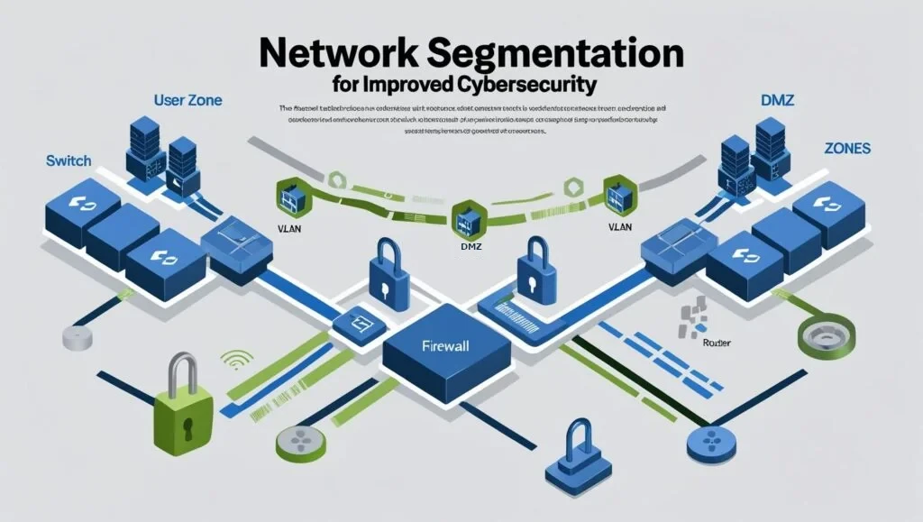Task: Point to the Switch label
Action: (68, 160)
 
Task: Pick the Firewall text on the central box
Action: (447, 345)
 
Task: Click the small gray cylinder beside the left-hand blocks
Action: (77, 338)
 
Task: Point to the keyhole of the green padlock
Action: (187, 423)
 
